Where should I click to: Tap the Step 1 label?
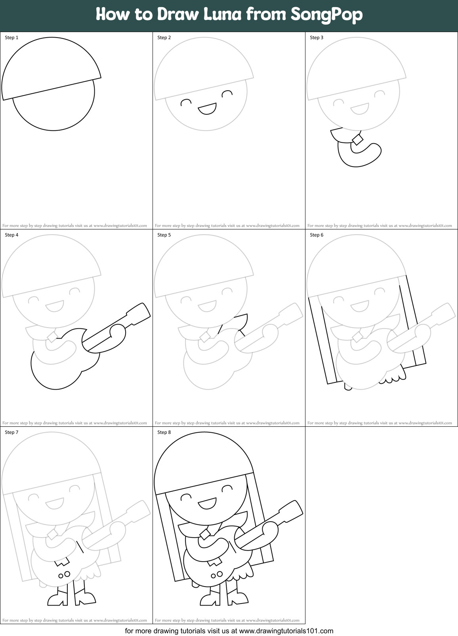(11, 38)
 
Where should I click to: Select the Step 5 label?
(164, 235)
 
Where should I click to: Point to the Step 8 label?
(164, 432)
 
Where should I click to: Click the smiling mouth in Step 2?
(207, 108)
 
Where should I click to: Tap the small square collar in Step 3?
(358, 140)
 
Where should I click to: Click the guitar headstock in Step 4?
(139, 312)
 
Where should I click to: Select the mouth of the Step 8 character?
(207, 503)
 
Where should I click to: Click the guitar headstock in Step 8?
(291, 510)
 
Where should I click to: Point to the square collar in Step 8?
(205, 534)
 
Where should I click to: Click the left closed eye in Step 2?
(186, 103)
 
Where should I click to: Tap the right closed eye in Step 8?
(227, 488)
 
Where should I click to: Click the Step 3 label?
(317, 38)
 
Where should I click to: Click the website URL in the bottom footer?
(286, 631)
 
